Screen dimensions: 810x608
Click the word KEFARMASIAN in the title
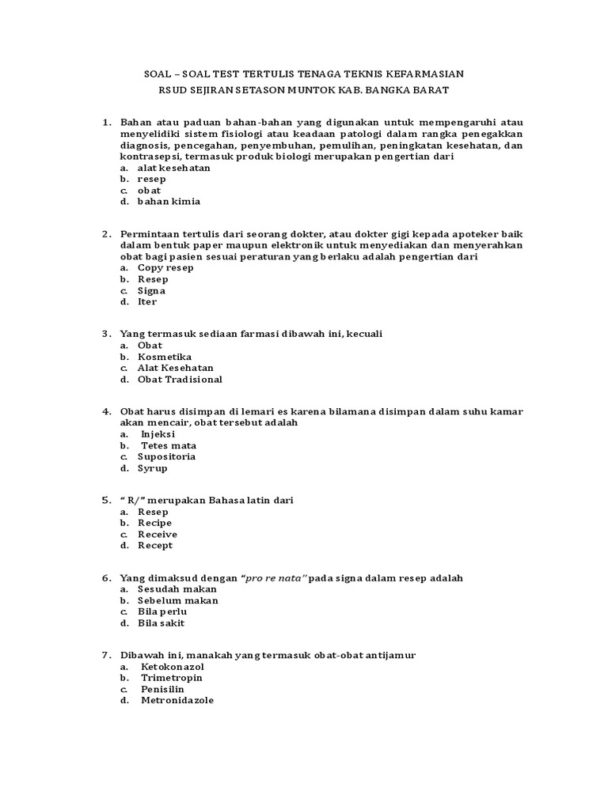tap(423, 74)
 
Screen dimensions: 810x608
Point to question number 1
tap(106, 123)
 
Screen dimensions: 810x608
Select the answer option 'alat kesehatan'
tap(163, 168)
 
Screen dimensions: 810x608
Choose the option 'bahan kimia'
tap(169, 201)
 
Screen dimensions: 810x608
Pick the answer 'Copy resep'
tap(165, 267)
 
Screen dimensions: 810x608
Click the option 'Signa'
tap(151, 290)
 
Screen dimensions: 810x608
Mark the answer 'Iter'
tap(147, 301)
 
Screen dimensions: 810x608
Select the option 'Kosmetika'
tap(165, 357)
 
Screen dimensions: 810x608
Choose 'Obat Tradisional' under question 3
tap(180, 379)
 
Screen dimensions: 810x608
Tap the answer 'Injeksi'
tap(158, 434)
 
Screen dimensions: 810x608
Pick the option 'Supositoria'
tap(166, 456)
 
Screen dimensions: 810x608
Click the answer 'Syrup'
tap(153, 467)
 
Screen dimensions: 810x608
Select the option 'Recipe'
tap(154, 523)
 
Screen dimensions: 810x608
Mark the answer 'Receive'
tap(158, 534)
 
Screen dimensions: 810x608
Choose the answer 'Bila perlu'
tap(162, 611)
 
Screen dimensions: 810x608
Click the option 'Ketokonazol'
tap(167, 667)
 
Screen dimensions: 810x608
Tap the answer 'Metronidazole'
tap(177, 700)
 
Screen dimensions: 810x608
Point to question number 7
tap(106, 656)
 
